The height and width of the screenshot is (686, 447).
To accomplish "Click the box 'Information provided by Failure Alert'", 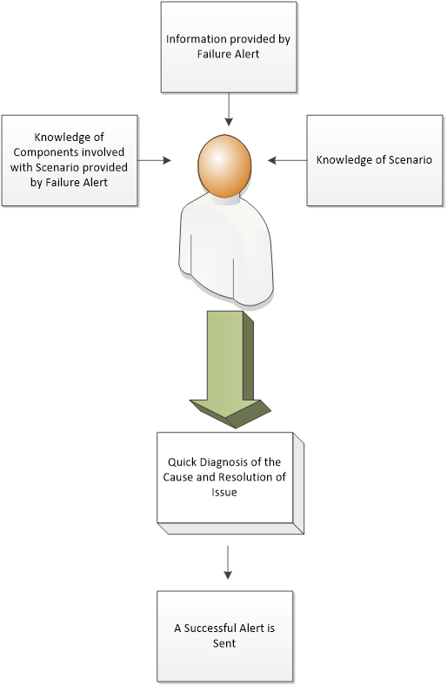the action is [x=229, y=47].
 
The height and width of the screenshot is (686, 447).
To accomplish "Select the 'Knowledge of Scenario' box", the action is [x=375, y=160].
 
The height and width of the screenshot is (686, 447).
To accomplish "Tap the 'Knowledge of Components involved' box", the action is [x=70, y=160].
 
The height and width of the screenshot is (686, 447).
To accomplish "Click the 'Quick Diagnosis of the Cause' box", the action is [x=230, y=482].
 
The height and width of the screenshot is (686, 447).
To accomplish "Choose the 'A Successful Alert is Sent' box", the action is [x=225, y=636].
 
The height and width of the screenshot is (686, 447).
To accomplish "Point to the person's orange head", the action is [x=224, y=165].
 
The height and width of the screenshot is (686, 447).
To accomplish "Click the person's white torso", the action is [x=226, y=250].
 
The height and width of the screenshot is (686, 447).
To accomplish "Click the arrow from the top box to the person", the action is [x=229, y=110].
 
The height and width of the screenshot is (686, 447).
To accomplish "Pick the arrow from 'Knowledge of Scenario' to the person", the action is [x=287, y=160].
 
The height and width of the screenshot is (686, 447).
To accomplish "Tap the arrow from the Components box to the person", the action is [x=154, y=160].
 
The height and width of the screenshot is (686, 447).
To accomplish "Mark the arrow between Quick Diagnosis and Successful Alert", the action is [x=228, y=562].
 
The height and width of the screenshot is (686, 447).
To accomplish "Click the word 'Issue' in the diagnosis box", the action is [x=224, y=492].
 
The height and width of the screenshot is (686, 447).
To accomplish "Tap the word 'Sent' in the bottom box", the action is [x=224, y=643].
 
